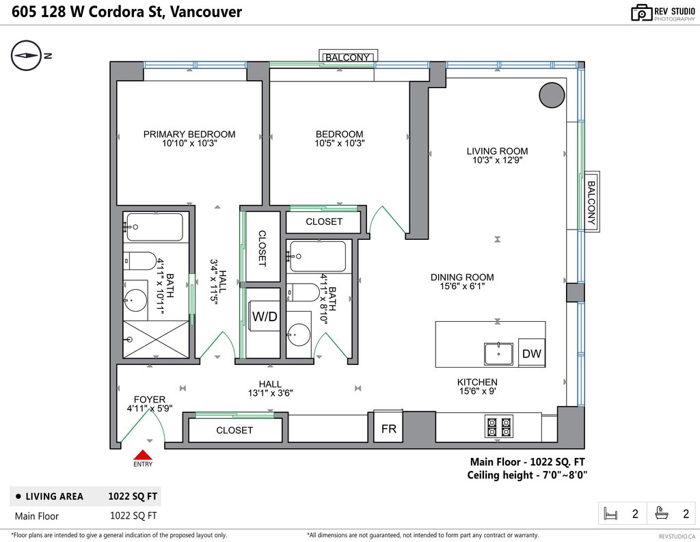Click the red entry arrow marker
[143, 455]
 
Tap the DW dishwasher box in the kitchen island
[532, 353]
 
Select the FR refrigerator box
[388, 426]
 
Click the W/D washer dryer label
[265, 316]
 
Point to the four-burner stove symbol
[499, 426]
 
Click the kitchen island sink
[498, 353]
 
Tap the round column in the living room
[552, 95]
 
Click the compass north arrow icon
[26, 56]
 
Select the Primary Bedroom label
[189, 134]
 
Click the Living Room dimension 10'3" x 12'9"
[498, 161]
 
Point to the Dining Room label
[462, 277]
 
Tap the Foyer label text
[150, 399]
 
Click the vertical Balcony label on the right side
[591, 202]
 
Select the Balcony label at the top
[348, 57]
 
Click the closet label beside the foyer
[234, 430]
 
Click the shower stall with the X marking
[156, 339]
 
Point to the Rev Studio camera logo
[641, 13]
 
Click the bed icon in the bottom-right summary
[610, 513]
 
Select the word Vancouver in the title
[206, 12]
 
